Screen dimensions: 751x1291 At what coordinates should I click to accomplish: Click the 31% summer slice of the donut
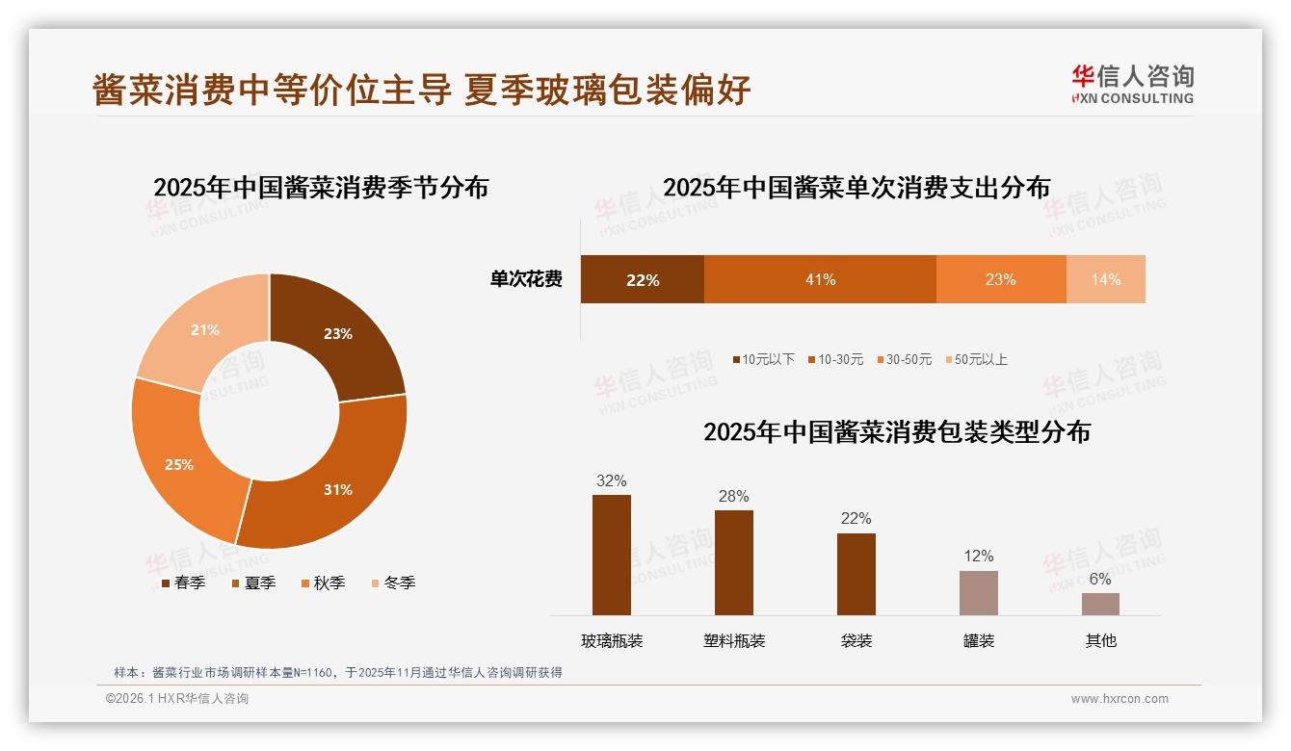pos(332,481)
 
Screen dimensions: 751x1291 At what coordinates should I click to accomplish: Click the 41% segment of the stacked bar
pos(820,279)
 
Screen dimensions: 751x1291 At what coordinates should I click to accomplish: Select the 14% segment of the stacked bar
pos(1106,279)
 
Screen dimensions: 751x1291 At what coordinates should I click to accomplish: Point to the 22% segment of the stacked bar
pos(642,279)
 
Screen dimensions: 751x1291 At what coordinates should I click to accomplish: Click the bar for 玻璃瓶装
pos(611,555)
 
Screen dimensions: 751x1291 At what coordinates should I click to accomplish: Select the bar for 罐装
pos(978,592)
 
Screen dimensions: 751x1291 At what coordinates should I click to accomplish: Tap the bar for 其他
pos(1100,604)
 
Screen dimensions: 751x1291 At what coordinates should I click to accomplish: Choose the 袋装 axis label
pos(856,640)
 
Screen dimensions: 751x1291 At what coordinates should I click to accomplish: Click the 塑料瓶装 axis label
pos(733,640)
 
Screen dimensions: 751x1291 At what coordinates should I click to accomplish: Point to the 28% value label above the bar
pos(733,496)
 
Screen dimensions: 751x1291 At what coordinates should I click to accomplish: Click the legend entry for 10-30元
pos(835,359)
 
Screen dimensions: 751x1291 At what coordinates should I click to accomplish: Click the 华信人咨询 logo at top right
pos(1132,84)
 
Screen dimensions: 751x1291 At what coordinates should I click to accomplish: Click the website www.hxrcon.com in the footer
pos(1120,699)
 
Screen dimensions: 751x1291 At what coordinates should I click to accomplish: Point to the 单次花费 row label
pos(526,279)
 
